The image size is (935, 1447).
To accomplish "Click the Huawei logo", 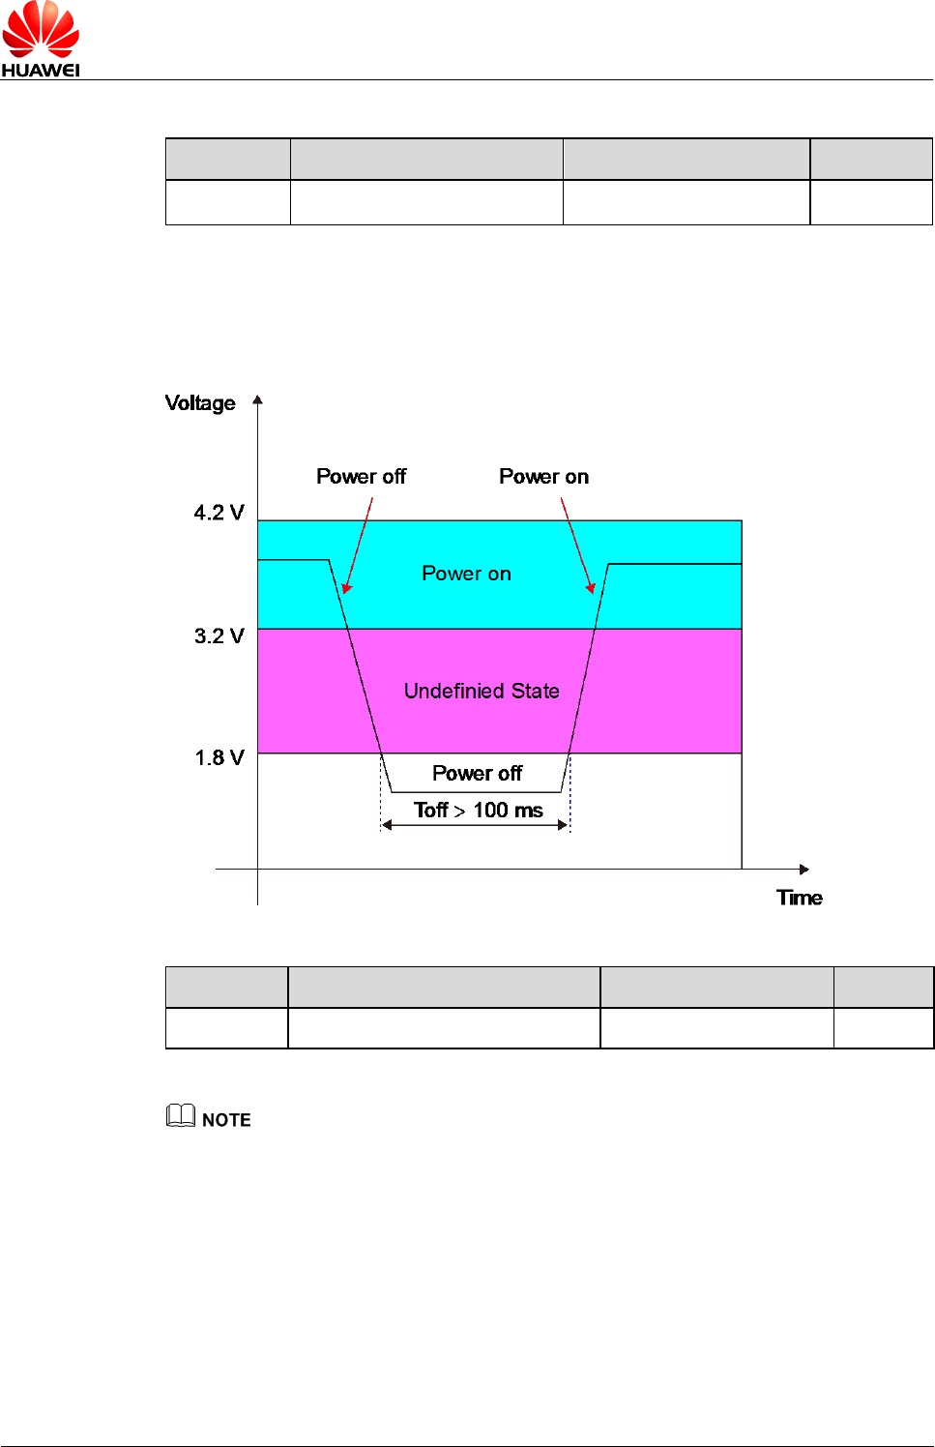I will click(41, 39).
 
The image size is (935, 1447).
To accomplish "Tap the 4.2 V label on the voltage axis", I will click(219, 513).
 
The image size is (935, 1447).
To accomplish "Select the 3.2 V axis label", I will click(219, 635).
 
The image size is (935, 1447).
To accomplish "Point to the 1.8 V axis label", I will click(219, 757).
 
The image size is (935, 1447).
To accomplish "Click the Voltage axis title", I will click(200, 403).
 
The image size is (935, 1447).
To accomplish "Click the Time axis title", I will click(799, 898).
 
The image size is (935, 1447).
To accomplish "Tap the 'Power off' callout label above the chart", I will click(361, 476).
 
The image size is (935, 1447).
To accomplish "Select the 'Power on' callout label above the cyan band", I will click(543, 476).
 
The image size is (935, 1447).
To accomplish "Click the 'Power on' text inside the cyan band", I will click(466, 574).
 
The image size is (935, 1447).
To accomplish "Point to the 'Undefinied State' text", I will click(482, 691).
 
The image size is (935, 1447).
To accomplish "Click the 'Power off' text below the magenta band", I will click(477, 773).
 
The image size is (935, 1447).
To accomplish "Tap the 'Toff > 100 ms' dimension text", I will click(479, 811).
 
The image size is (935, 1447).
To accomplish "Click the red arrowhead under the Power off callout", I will click(346, 587).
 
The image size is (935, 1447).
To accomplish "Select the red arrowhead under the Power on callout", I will click(591, 587).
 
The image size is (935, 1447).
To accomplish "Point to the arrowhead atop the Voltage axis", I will click(257, 399).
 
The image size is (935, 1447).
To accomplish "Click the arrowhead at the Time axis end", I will click(804, 869).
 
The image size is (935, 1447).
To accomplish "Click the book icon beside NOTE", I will click(181, 1116).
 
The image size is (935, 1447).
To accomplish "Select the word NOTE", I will click(226, 1120).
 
